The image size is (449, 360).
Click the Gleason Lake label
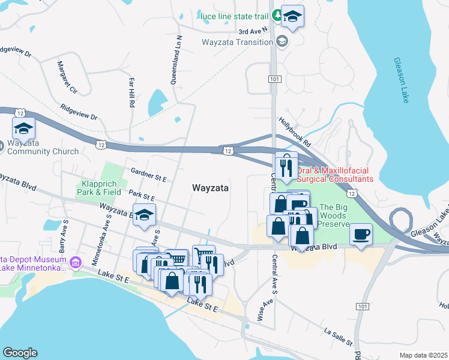pos(401,80)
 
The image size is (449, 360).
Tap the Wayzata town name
pos(210,188)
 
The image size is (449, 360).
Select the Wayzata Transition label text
pos(238,42)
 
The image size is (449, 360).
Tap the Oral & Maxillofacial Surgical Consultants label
pos(335,174)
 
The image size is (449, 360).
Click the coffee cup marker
pos(361,233)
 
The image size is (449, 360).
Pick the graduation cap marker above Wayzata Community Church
pos(23,128)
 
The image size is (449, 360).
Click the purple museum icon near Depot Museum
pos(75,262)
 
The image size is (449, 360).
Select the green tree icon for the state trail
pos(277,14)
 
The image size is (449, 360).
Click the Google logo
pos(19,353)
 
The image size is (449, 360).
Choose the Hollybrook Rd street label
pos(294,132)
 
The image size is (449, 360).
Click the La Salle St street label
pos(337,336)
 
